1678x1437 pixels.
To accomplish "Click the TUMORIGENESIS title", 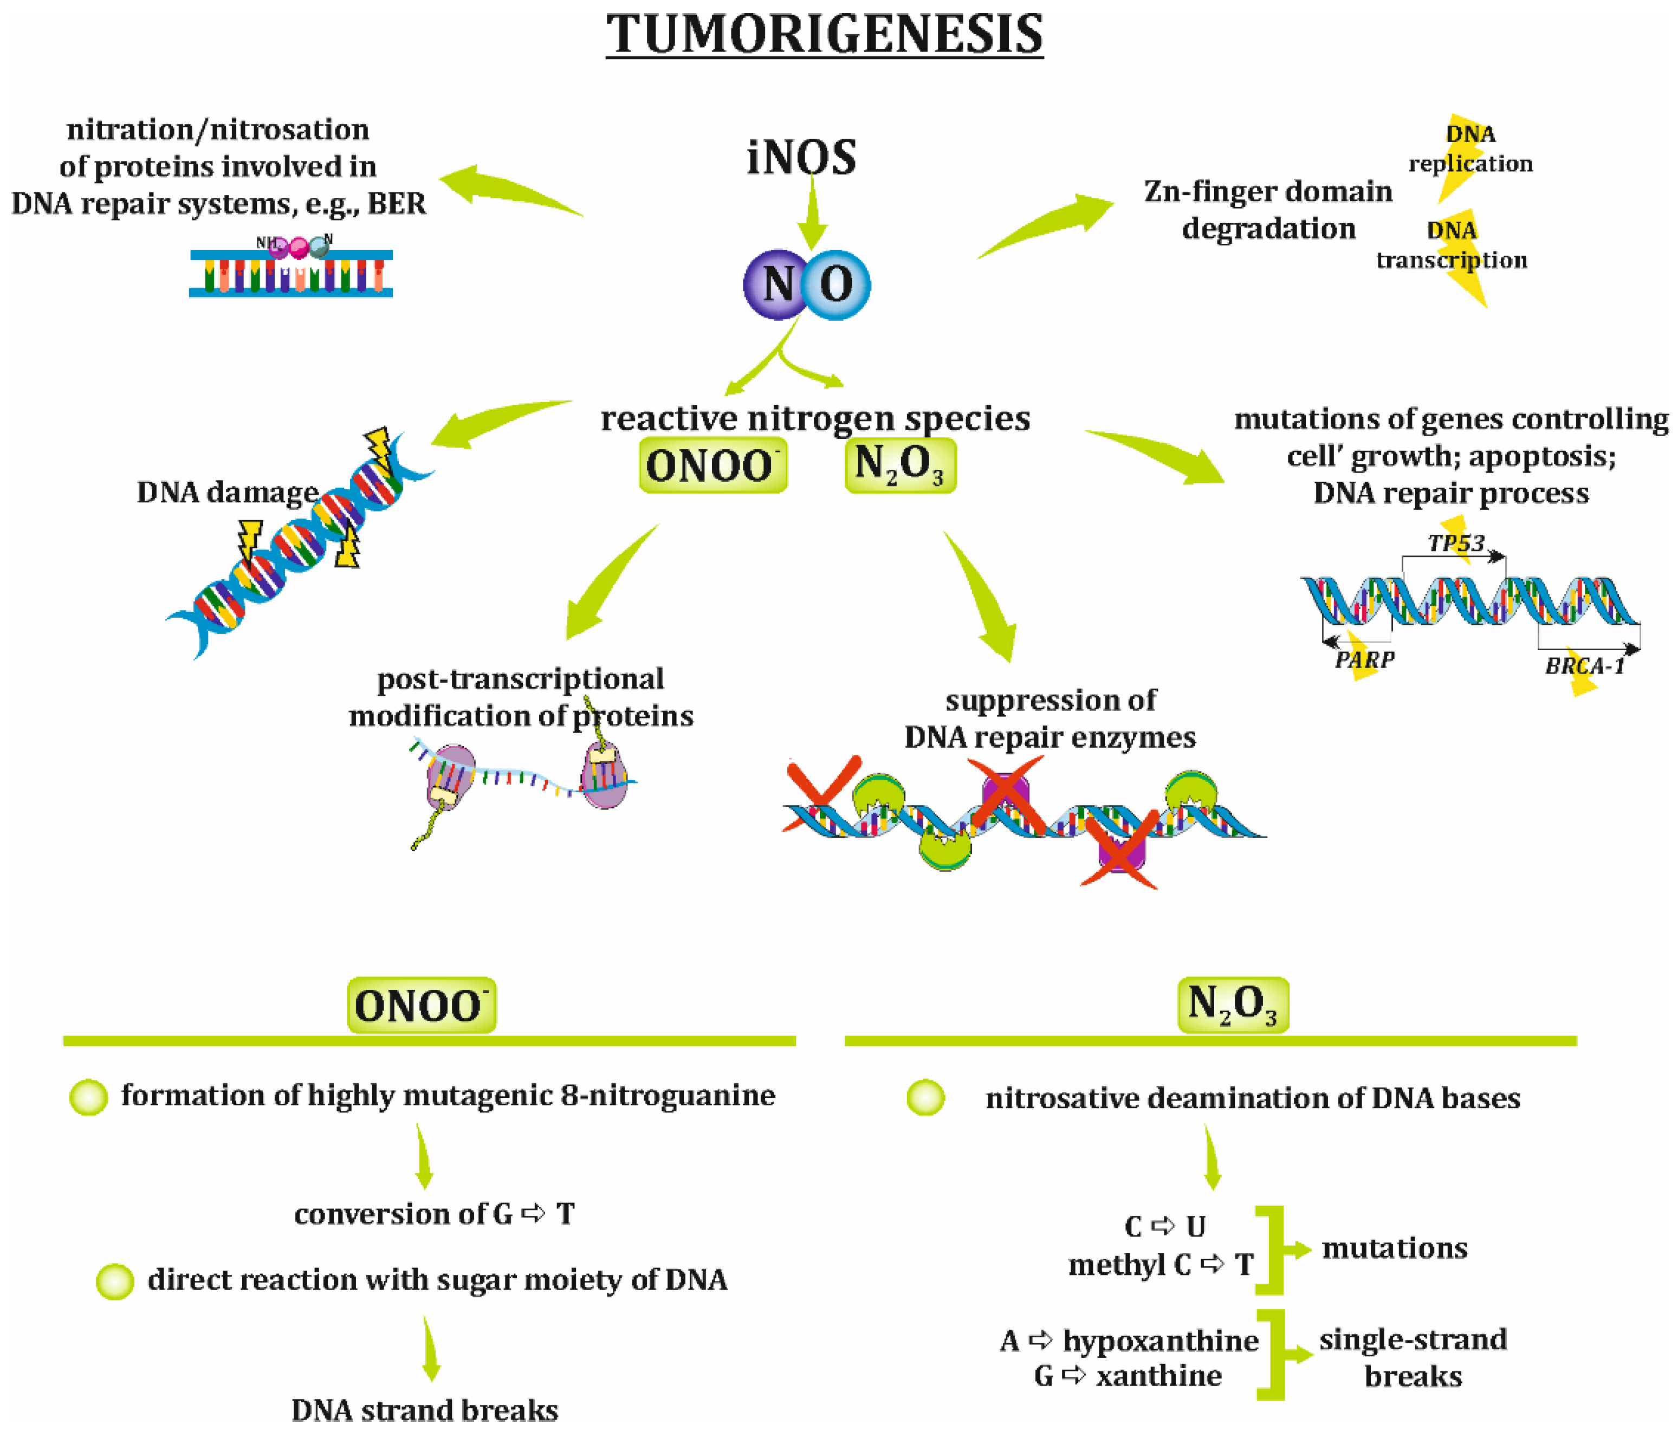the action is (825, 34).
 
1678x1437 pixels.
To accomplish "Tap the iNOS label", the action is (801, 157).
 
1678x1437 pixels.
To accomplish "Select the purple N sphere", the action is (776, 284).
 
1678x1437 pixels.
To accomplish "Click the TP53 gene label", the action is (1455, 543).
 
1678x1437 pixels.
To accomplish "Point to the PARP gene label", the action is (1365, 659).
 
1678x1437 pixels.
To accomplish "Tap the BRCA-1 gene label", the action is (1585, 666).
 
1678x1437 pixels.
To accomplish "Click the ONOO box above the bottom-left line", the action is (421, 1005).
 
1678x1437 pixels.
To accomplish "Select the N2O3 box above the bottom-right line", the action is (1233, 1005).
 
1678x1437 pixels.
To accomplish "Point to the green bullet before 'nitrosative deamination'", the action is (925, 1098).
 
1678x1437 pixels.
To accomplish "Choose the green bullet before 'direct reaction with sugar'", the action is (115, 1281).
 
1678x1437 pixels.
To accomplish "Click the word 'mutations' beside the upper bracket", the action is (1394, 1248).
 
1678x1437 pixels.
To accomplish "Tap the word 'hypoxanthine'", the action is (1161, 1342).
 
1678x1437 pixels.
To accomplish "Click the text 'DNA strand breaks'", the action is (424, 1410).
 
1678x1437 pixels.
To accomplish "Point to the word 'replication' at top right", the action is (1470, 164).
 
